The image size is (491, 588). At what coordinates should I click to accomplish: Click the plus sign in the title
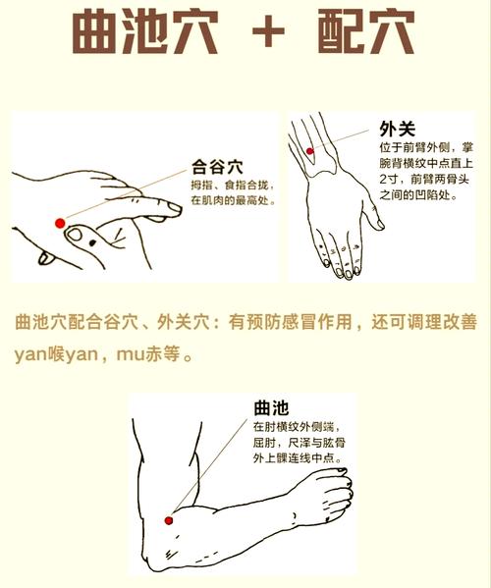click(x=266, y=36)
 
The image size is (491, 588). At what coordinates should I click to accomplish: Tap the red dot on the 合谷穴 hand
click(x=60, y=223)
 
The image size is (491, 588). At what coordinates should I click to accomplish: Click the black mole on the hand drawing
click(x=79, y=238)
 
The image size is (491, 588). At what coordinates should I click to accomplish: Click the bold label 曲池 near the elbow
click(x=269, y=406)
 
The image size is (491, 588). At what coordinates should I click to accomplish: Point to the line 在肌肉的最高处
click(x=232, y=200)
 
